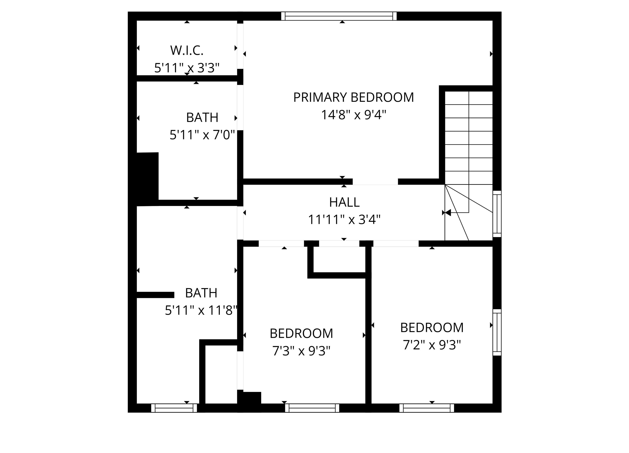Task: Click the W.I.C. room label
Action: [x=187, y=50]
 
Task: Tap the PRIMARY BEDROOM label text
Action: [x=354, y=97]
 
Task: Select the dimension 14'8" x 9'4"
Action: [x=354, y=114]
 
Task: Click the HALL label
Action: [x=344, y=202]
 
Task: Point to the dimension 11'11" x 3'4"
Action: [x=344, y=219]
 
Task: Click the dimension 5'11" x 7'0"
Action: [x=202, y=135]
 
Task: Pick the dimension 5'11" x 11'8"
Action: [x=201, y=310]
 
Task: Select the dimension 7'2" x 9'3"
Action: [x=432, y=345]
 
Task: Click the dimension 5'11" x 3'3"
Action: [x=187, y=68]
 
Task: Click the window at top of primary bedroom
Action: [x=339, y=16]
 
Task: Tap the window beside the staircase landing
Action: [x=497, y=214]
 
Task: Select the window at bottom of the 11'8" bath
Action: [x=174, y=408]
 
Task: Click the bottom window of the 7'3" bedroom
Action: [x=312, y=408]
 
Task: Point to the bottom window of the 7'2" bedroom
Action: [x=426, y=408]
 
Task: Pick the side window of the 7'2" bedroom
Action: [x=497, y=332]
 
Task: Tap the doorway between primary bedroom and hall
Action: [x=375, y=182]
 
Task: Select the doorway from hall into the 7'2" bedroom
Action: [x=396, y=244]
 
